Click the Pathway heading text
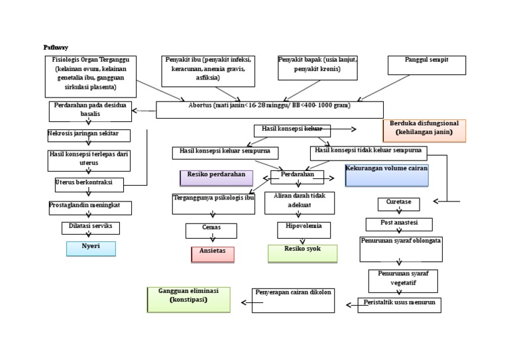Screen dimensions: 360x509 [56, 48]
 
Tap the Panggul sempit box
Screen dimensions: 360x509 [426, 64]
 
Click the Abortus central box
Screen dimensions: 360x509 [269, 109]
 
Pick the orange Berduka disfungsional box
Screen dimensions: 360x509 [424, 131]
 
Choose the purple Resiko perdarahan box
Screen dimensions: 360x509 [216, 178]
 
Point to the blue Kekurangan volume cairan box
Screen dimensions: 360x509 [386, 175]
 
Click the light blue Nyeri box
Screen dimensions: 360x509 [91, 249]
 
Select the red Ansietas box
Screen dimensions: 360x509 [212, 255]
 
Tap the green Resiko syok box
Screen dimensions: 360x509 [302, 253]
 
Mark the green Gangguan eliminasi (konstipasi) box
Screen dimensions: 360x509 [188, 299]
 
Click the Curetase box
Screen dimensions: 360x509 [398, 204]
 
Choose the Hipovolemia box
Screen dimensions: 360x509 [304, 229]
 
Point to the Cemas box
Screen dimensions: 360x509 [211, 230]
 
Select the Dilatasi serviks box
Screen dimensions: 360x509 [91, 228]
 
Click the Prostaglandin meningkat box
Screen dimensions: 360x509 [90, 208]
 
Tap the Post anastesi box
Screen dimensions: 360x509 [399, 224]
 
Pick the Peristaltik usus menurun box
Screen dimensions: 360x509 [400, 305]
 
